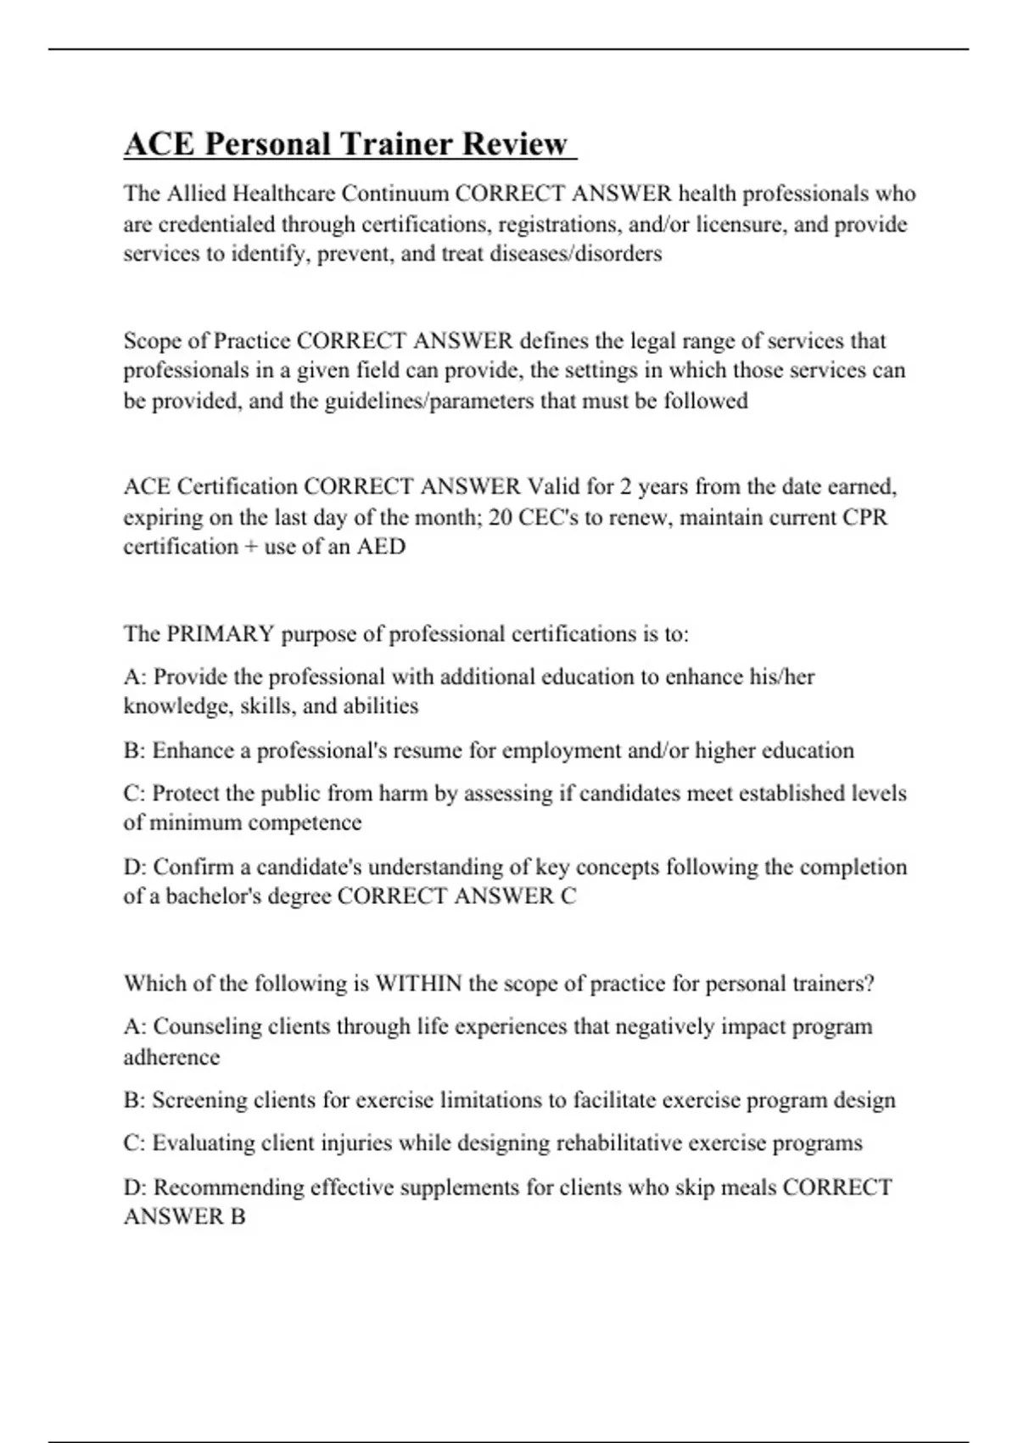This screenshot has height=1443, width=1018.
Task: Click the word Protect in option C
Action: [x=186, y=794]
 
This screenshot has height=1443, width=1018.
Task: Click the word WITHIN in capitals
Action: [x=418, y=984]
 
